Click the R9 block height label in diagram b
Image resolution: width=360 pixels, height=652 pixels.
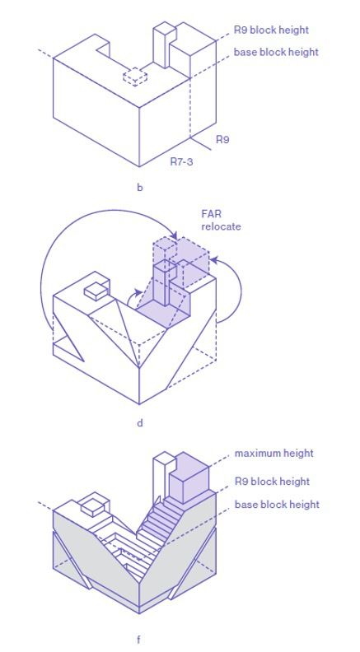tap(271, 30)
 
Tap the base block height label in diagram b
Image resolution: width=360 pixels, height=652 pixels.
tap(276, 53)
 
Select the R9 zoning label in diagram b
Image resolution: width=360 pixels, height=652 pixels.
tap(222, 140)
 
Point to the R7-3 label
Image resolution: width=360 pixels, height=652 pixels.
tap(181, 161)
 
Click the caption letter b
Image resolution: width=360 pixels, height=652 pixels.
tap(140, 187)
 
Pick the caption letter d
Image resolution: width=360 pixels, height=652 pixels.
tap(140, 423)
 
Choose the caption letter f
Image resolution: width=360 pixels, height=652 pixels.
tap(139, 640)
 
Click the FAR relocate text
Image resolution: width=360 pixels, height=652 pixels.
tap(221, 221)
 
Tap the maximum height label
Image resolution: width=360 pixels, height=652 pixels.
tap(274, 453)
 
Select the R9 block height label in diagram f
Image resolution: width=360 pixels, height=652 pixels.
tap(272, 482)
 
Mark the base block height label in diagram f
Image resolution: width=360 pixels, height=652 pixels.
tap(277, 505)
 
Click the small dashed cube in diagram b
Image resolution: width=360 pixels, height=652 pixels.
tap(135, 77)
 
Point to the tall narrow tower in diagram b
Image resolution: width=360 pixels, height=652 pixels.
tap(162, 45)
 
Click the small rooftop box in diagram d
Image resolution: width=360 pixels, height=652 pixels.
tap(97, 291)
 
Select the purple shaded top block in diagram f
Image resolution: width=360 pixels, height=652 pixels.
tap(189, 474)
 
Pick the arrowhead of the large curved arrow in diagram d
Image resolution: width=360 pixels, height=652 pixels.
tap(175, 235)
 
